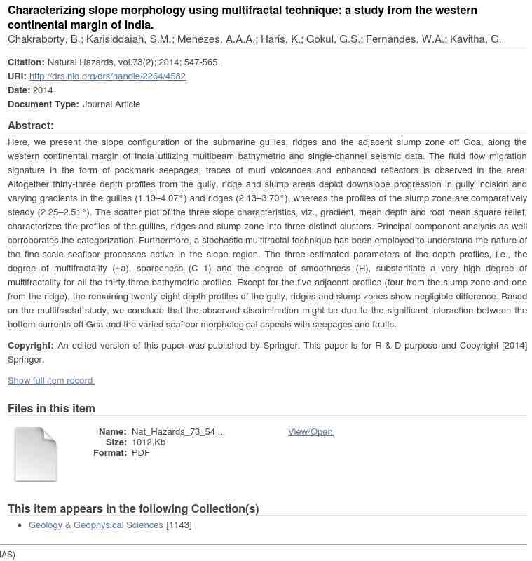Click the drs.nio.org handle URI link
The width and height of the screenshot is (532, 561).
click(107, 76)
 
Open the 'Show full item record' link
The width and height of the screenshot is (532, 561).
click(50, 380)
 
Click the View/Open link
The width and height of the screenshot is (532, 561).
click(310, 431)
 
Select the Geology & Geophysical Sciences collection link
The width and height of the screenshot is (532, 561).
click(95, 525)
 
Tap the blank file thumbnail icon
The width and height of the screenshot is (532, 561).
click(35, 454)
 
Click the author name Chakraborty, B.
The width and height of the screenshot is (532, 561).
click(44, 39)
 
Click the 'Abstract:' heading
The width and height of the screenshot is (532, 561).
click(31, 126)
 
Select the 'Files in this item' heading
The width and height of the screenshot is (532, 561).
click(51, 408)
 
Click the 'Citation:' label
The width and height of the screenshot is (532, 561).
click(26, 62)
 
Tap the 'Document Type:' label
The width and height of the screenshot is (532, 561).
click(43, 104)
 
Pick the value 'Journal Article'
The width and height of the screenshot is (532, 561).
click(111, 104)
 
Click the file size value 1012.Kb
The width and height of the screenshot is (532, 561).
click(149, 442)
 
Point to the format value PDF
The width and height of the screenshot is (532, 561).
click(140, 452)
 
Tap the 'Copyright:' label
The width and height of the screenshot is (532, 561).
click(31, 345)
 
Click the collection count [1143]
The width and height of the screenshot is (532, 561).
click(179, 525)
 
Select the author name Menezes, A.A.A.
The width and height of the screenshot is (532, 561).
click(216, 39)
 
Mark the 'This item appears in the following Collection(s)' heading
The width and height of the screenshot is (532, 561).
click(133, 508)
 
